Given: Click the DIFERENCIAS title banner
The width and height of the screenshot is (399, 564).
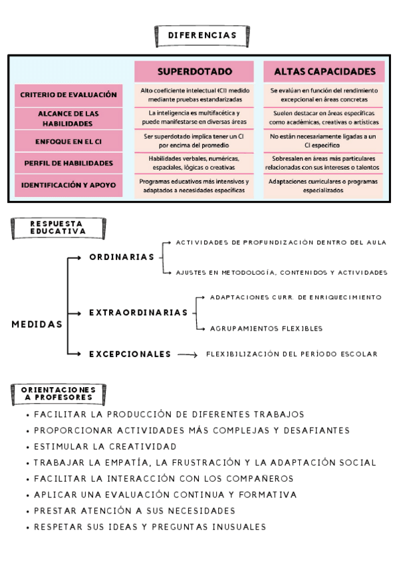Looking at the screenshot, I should (202, 35).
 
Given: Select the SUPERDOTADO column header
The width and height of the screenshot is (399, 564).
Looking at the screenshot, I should (194, 71).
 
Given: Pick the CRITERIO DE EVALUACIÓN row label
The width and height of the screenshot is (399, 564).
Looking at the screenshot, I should (68, 95).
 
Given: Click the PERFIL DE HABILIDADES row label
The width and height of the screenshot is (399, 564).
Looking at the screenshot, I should (68, 163).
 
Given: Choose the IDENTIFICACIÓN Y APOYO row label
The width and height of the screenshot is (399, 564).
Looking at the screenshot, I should (68, 185).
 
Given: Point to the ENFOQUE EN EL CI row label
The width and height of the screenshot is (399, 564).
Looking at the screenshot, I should (68, 141).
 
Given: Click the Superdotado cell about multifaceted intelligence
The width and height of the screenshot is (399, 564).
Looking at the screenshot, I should (194, 118).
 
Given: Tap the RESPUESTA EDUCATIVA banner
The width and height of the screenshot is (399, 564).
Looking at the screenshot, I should (58, 228).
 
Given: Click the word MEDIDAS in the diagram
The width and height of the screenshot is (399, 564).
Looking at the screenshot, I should (37, 325).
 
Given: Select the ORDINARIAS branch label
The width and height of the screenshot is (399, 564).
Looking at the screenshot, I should (122, 257).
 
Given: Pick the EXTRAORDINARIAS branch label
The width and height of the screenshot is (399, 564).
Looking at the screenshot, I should (138, 312).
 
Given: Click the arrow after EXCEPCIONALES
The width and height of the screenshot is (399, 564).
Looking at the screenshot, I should (188, 355).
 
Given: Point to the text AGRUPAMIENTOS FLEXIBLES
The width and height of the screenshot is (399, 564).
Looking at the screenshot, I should (266, 329).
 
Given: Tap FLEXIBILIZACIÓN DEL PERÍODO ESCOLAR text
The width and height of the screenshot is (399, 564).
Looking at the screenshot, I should (291, 354).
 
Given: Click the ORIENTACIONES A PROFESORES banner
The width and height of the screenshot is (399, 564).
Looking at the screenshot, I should (59, 393).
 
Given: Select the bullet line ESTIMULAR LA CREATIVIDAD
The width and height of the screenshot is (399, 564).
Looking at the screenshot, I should (105, 446).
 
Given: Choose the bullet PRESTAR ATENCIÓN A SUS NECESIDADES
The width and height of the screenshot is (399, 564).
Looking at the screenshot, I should (134, 511).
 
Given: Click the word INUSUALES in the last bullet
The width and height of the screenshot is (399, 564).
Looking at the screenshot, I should (235, 527).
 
